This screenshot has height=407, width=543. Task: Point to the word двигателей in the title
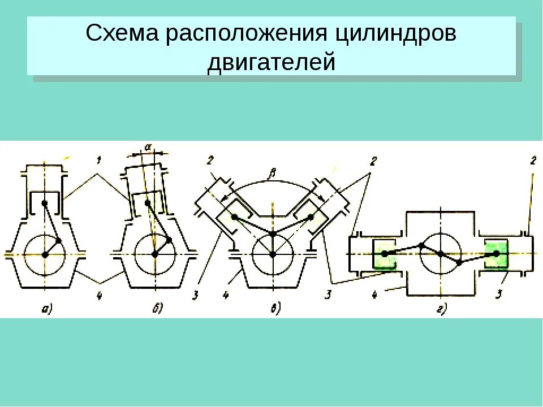[x=271, y=61]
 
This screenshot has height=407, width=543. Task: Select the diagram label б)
[x=157, y=308]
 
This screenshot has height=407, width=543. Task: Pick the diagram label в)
[x=275, y=309]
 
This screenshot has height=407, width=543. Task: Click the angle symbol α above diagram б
[x=148, y=146]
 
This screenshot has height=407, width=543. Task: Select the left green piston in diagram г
[x=386, y=254]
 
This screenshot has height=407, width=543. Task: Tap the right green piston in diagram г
[x=497, y=253]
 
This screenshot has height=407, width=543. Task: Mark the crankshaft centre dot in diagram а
[x=45, y=254]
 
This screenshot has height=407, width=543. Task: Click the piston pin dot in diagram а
[x=44, y=203]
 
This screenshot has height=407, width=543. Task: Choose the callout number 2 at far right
[x=533, y=161]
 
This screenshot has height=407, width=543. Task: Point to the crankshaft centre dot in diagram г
[x=441, y=253]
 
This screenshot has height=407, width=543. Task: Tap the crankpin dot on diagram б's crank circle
[x=169, y=240]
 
